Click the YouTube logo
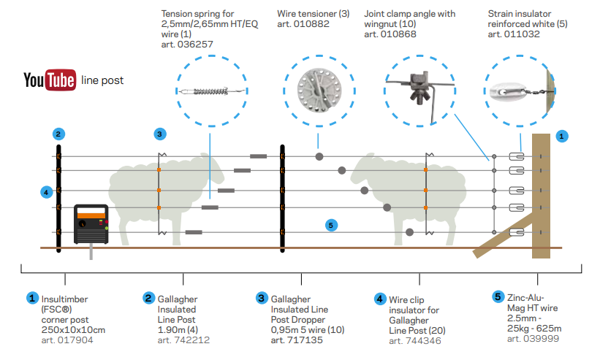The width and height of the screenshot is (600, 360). [x=49, y=80]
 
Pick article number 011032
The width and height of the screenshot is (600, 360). [x=514, y=34]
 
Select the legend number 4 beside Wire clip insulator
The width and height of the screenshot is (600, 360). [x=379, y=298]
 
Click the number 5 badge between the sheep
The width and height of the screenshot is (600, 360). [x=331, y=225]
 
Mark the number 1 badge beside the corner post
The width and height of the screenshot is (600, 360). [x=561, y=135]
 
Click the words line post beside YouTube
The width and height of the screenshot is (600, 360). [x=103, y=80]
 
